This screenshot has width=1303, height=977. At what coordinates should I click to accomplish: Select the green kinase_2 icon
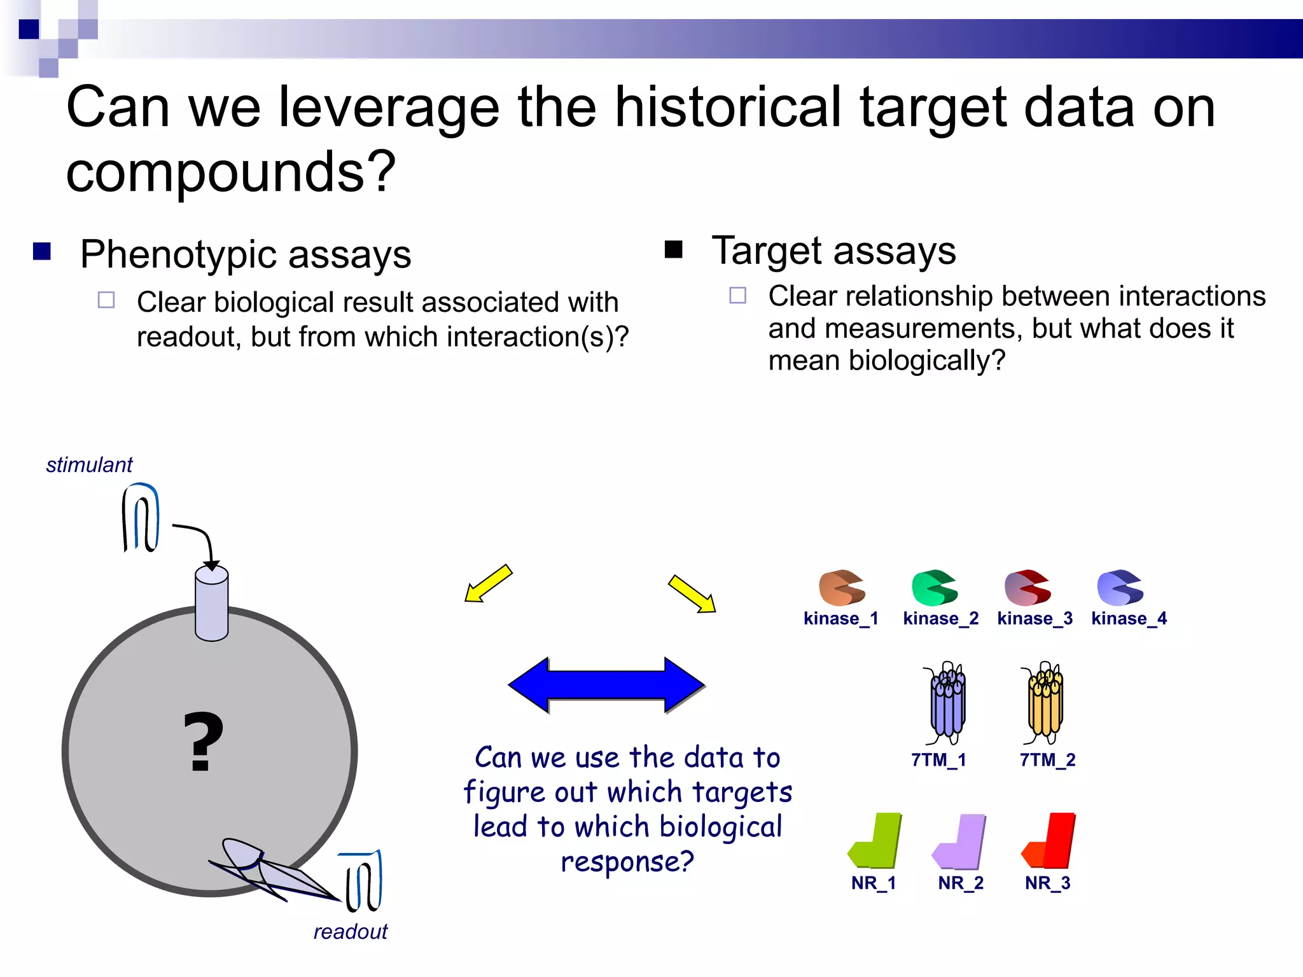933,588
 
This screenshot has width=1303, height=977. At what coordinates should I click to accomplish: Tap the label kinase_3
1035,618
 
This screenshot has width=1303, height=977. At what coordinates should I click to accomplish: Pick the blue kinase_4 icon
1119,588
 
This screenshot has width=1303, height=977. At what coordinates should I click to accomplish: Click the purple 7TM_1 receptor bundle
947,703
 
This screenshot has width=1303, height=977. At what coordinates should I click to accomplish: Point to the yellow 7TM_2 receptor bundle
1045,703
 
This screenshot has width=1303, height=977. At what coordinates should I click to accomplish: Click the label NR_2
960,883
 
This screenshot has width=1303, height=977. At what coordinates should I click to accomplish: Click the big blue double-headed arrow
606,685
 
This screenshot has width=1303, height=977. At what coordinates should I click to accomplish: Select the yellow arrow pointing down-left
489,583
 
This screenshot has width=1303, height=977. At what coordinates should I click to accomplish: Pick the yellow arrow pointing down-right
692,593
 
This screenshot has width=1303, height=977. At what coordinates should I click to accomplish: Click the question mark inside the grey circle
204,742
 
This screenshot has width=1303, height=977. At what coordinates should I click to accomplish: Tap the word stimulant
89,465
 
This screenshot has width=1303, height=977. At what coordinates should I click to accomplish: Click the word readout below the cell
350,932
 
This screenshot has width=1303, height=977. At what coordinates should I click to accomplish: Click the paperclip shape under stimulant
141,517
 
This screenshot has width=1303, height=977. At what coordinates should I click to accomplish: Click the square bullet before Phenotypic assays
42,252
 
